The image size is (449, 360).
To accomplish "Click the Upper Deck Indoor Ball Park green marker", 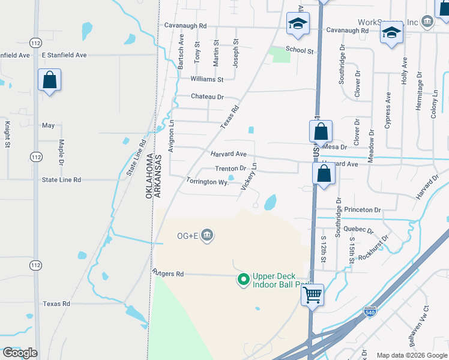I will click(x=243, y=280).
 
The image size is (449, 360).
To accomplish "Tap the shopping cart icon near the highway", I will click(x=312, y=295).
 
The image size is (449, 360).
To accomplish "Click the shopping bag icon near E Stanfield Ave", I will click(x=49, y=80).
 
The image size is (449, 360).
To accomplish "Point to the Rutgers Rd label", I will click(x=168, y=274).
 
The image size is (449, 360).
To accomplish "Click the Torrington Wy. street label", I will click(x=208, y=181).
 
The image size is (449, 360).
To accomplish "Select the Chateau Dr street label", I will click(x=207, y=97).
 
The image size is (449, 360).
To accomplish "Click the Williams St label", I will click(x=206, y=79).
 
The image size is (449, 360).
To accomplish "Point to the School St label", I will click(x=300, y=51).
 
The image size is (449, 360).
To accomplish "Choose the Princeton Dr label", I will click(x=365, y=210).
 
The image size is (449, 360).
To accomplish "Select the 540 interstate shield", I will click(x=371, y=312).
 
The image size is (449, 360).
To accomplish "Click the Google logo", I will click(x=20, y=352).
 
